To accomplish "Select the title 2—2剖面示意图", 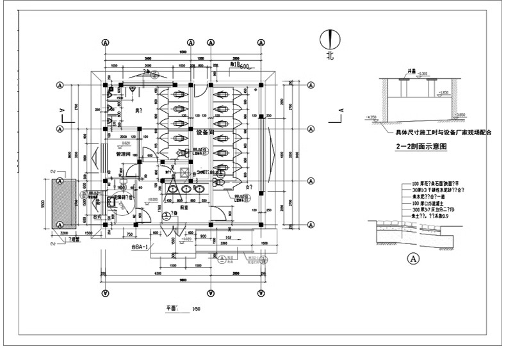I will pyautogui.click(x=421, y=147).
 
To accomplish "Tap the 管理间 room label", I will pyautogui.click(x=123, y=154).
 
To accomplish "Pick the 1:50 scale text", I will pyautogui.click(x=196, y=309).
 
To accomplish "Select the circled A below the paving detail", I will pyautogui.click(x=413, y=259).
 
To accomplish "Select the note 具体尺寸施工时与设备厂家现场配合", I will pyautogui.click(x=443, y=133).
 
